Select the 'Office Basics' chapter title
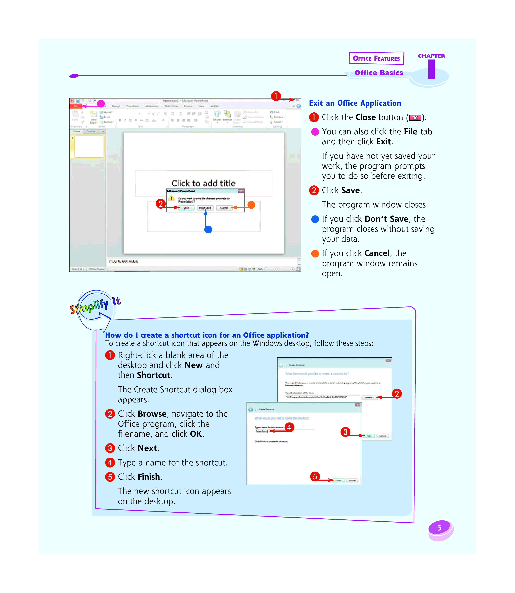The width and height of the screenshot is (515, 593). pyautogui.click(x=379, y=73)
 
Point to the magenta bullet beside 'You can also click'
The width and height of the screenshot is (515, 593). pyautogui.click(x=315, y=132)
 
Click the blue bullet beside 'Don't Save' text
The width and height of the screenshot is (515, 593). pyautogui.click(x=315, y=219)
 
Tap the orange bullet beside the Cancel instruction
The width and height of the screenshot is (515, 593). pyautogui.click(x=315, y=254)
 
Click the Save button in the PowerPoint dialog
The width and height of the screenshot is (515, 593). pyautogui.click(x=186, y=208)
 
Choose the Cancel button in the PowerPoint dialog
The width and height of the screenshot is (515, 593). pyautogui.click(x=224, y=208)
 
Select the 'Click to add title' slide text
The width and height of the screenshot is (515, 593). pyautogui.click(x=203, y=183)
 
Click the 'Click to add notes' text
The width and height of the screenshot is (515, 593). pyautogui.click(x=123, y=262)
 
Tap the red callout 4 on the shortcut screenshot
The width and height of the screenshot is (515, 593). pyautogui.click(x=289, y=427)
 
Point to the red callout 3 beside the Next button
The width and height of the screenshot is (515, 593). pyautogui.click(x=345, y=432)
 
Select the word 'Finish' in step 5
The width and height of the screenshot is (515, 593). pyautogui.click(x=149, y=477)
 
